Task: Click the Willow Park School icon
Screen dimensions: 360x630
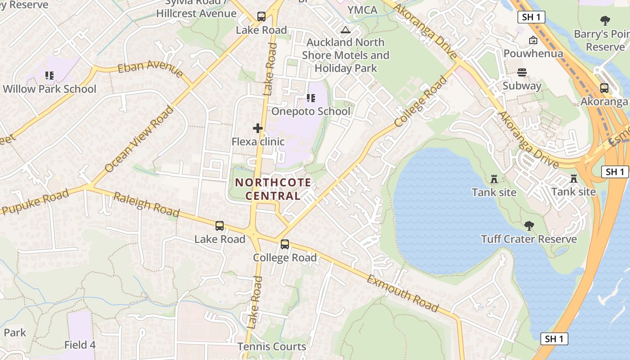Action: [x=49, y=76]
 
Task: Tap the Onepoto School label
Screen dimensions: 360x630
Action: [x=310, y=111]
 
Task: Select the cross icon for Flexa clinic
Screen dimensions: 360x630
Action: [x=258, y=129]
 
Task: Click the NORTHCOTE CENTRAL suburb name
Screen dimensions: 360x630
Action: [x=273, y=189]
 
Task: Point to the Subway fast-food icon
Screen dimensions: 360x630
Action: [x=522, y=72]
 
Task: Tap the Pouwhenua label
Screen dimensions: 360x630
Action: [x=533, y=54]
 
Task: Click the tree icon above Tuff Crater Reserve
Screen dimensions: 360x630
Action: [x=529, y=225]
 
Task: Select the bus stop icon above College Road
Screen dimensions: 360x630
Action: [x=285, y=244]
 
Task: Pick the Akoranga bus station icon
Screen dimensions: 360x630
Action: [x=604, y=88]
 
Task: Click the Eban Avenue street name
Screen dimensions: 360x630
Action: [x=150, y=69]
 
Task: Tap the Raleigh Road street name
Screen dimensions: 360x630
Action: [x=146, y=205]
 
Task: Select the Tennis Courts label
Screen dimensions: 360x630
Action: [x=272, y=346]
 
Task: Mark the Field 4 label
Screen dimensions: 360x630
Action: [x=80, y=345]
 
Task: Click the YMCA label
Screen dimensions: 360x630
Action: [x=362, y=10]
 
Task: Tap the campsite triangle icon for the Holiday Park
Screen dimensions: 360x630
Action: [x=346, y=30]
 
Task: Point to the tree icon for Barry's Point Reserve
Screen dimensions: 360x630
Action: [x=605, y=20]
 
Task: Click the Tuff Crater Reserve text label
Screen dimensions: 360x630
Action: [x=529, y=239]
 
